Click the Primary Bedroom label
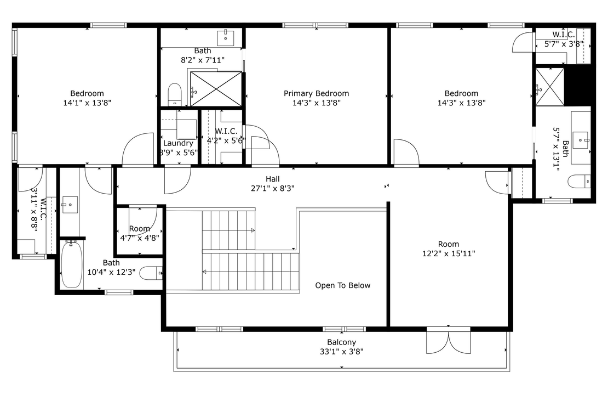click(316, 93)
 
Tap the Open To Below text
click(342, 285)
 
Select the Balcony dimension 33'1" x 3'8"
click(342, 352)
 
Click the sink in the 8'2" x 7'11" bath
click(226, 38)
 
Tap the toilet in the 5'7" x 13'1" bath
click(580, 181)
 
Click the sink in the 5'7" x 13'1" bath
click(582, 137)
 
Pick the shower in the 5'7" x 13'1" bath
click(549, 86)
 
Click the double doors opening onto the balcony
click(448, 341)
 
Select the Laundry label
click(178, 143)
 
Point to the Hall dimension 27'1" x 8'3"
click(272, 188)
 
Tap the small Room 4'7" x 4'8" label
click(140, 229)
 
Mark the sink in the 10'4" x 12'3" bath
click(69, 206)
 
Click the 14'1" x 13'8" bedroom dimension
click(87, 103)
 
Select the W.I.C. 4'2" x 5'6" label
click(226, 131)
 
